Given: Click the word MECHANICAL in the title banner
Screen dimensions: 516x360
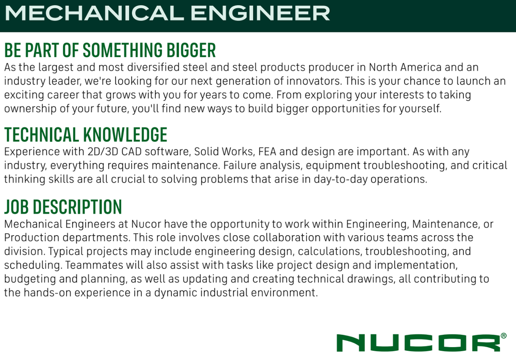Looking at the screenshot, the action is tap(94, 13).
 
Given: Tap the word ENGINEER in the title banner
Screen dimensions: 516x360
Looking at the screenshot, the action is tap(260, 13).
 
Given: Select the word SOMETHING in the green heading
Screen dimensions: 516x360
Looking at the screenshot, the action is tap(122, 50).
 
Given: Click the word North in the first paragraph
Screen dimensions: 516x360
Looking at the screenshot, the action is tap(382, 67).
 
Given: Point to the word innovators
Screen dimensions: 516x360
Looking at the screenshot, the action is tap(314, 81).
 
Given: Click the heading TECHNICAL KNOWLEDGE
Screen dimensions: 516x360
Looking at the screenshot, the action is tap(86, 135).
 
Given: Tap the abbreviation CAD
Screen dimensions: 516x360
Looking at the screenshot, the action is tap(131, 152).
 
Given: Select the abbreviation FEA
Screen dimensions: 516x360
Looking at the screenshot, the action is tap(267, 152).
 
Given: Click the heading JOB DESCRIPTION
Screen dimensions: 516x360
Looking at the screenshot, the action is tap(63, 207).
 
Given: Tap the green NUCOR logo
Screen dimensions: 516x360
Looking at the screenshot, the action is tap(418, 343).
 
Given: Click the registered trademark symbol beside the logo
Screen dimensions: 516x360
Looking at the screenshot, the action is tap(504, 336).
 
